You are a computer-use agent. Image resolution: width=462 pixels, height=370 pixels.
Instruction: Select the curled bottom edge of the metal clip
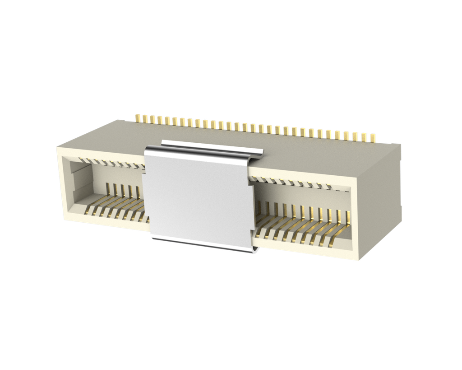click(203, 244)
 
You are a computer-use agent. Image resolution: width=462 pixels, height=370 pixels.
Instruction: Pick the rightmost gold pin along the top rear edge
click(373, 137)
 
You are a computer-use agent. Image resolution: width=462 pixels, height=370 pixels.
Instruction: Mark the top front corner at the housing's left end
click(57, 147)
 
